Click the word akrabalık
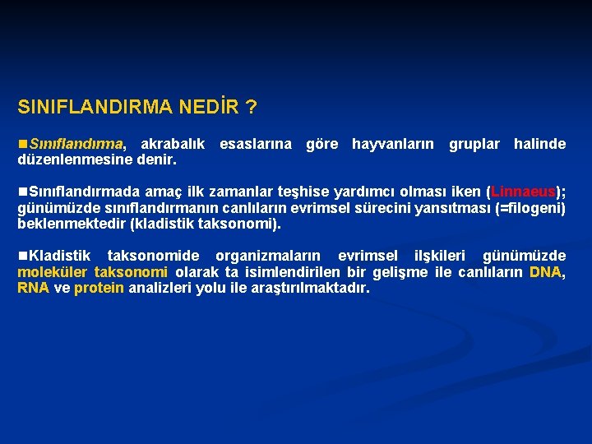(173, 144)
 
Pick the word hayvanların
(393, 144)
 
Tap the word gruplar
(474, 144)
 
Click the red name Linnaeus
(524, 192)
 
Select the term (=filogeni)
(527, 207)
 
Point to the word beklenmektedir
(72, 223)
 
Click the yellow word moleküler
(53, 272)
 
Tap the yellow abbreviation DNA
(545, 272)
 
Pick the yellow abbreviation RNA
(34, 288)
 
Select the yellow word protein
(99, 288)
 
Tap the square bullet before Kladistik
(23, 257)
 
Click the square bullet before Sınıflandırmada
(23, 192)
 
